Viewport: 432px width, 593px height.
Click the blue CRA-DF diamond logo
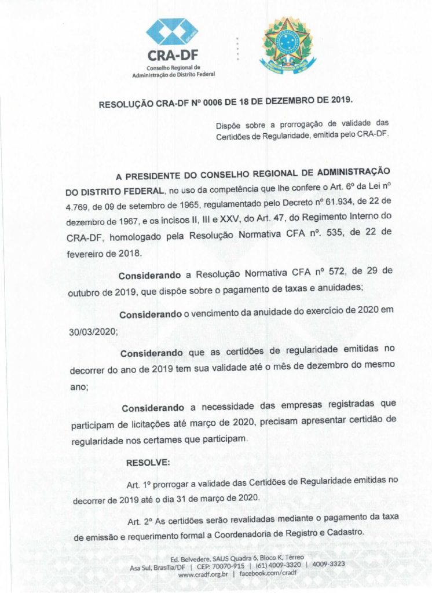pos(172,32)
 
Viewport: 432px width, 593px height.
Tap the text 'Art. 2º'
pos(140,519)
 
